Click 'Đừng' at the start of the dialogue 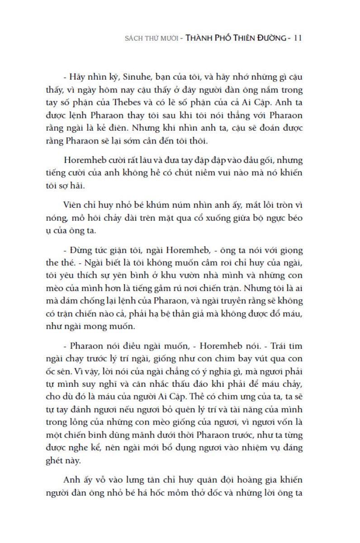tap(81, 250)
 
